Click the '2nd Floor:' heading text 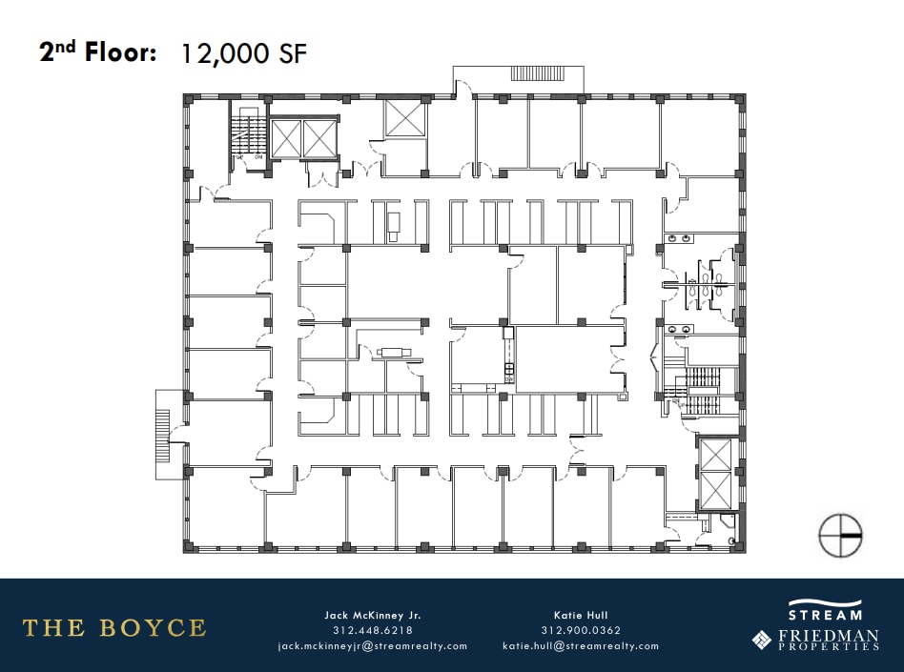coord(97,52)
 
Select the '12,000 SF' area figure coord(244,53)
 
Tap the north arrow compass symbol coord(840,536)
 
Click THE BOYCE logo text coord(114,627)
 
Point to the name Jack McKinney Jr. coord(372,615)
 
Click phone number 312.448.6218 coord(372,630)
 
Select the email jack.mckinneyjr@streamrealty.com coord(372,645)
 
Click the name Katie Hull coord(580,615)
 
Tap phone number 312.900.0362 coord(580,630)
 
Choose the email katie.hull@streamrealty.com coord(580,645)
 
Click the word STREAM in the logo coord(825,615)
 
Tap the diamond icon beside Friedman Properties coord(762,639)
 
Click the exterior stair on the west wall coord(163,426)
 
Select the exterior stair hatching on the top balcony coord(539,73)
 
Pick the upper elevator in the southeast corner coord(715,455)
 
